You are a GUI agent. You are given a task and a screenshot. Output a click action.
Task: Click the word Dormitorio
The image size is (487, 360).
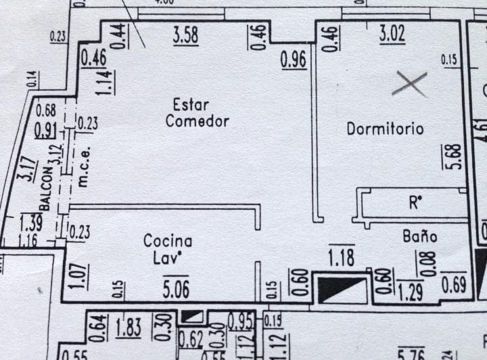(x=385, y=128)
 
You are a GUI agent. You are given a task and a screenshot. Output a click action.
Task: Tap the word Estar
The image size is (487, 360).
(x=191, y=105)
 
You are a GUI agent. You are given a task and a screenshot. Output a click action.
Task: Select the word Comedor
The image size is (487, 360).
(x=197, y=122)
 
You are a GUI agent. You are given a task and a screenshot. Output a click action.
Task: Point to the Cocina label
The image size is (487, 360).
(x=167, y=241)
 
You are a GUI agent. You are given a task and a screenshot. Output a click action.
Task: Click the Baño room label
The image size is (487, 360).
(x=419, y=236)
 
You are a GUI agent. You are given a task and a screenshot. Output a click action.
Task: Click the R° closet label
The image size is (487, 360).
(x=415, y=202)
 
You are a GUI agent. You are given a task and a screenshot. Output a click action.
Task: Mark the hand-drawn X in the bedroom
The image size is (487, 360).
(x=410, y=84)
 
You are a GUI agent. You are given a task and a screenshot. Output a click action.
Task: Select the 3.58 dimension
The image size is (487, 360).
(x=185, y=35)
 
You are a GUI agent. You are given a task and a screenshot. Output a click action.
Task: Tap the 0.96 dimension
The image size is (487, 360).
(x=294, y=61)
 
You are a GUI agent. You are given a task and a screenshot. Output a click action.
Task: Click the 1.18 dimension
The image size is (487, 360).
(x=341, y=258)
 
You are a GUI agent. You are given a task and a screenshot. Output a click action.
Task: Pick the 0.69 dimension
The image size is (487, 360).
(x=453, y=284)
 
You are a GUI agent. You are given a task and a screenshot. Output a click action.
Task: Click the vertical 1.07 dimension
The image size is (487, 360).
(x=74, y=275)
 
